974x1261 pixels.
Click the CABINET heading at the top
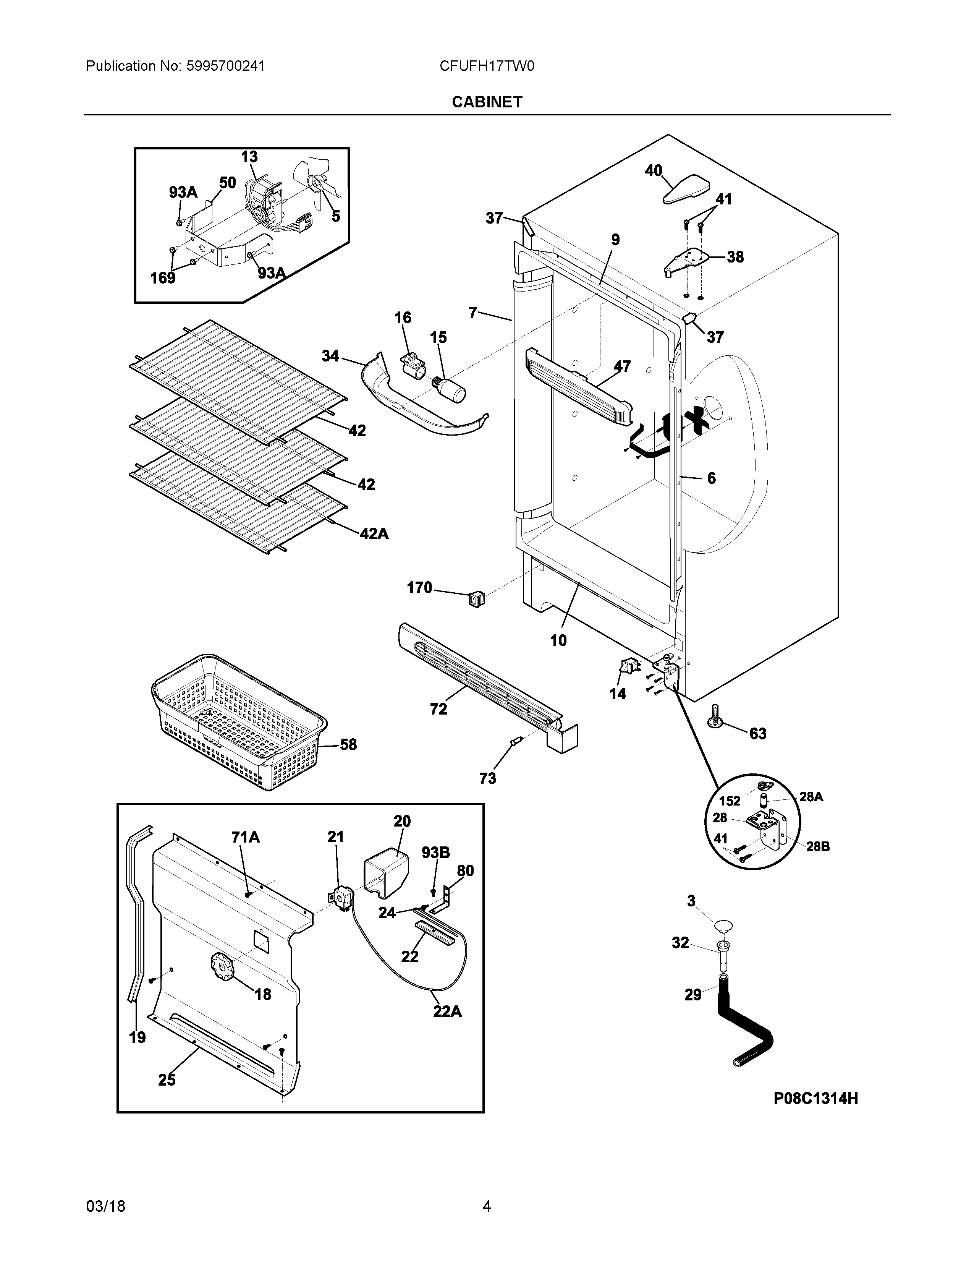click(x=487, y=102)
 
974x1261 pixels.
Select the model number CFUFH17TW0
click(x=487, y=66)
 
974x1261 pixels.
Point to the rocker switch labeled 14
click(x=628, y=669)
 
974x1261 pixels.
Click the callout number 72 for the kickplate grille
click(x=438, y=709)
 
